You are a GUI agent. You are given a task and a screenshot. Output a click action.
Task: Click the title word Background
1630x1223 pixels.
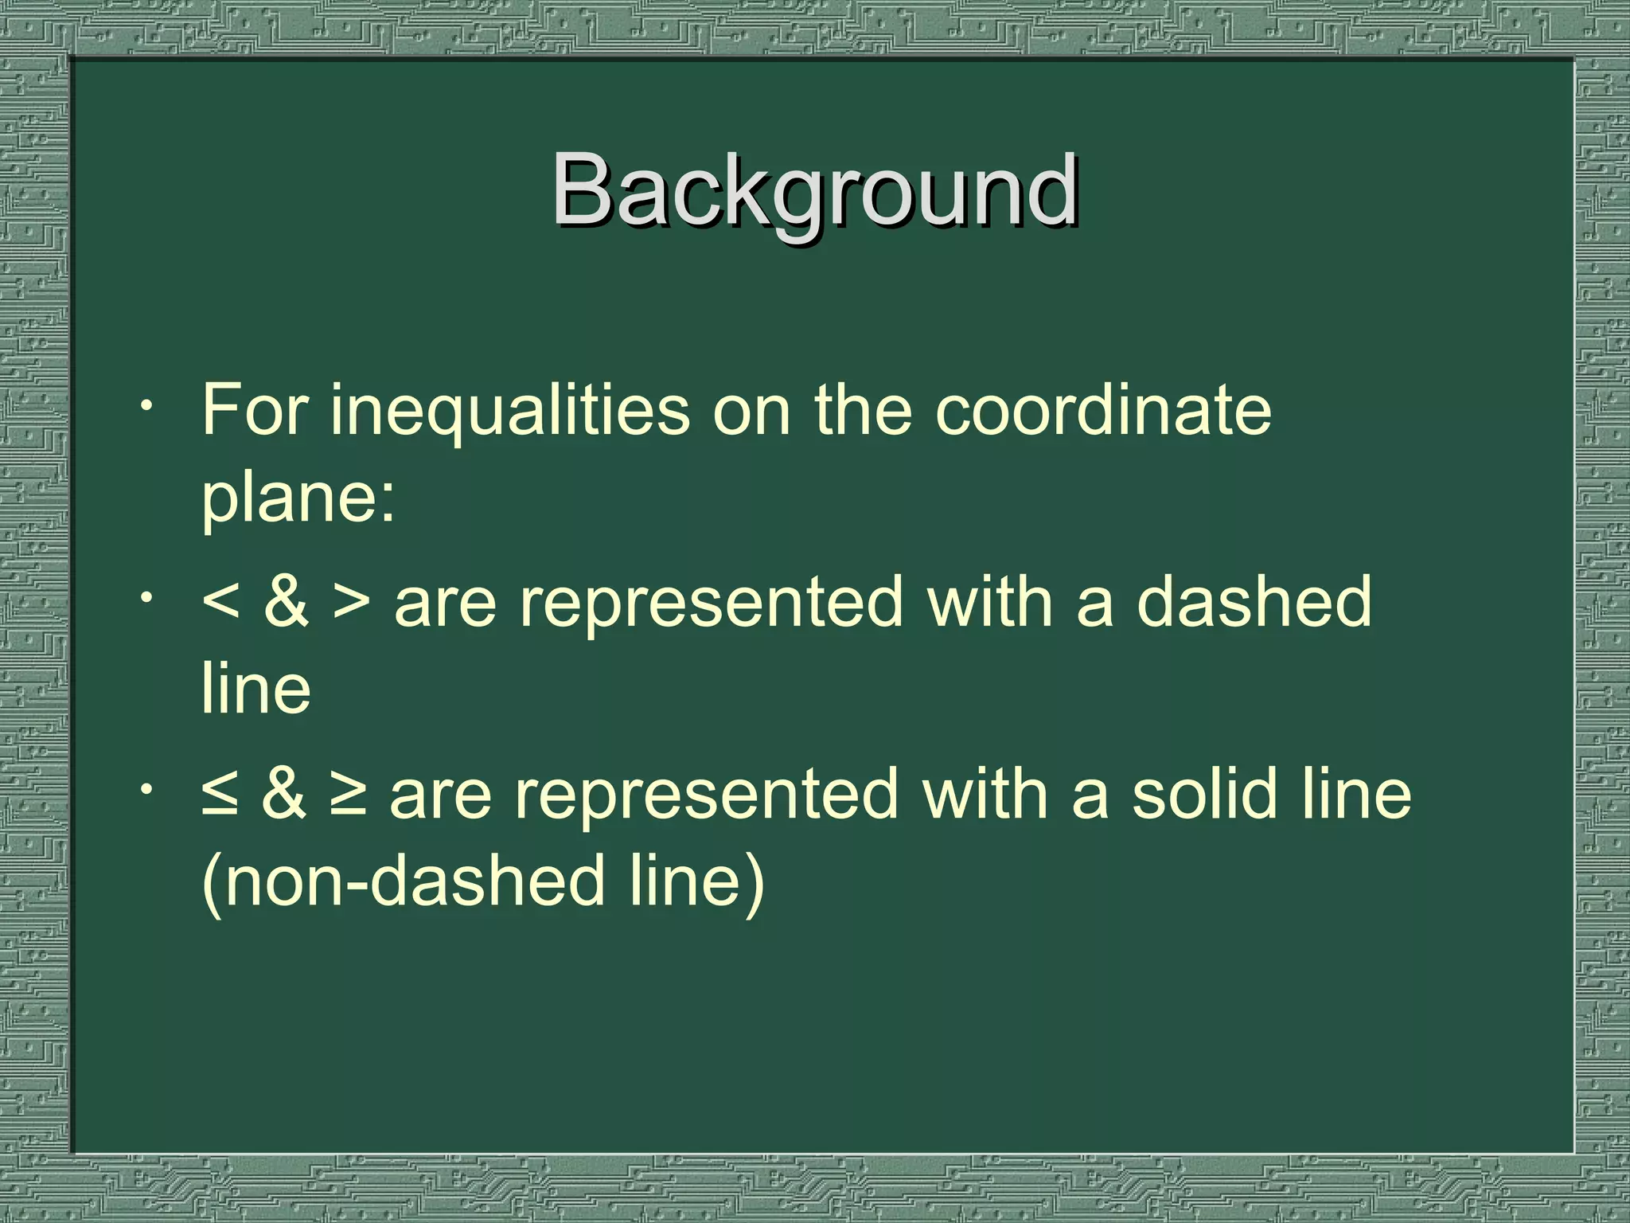point(815,191)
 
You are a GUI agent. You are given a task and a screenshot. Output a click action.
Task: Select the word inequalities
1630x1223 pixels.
point(510,411)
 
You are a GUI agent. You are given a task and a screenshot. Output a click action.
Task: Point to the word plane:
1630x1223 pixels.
point(298,498)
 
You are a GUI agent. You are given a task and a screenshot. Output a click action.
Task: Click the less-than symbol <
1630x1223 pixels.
point(221,602)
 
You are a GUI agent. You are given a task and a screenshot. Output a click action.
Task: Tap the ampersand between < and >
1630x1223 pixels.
point(286,602)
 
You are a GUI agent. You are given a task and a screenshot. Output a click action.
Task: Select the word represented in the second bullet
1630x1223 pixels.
point(712,604)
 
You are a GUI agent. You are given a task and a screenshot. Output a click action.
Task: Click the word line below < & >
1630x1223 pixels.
point(255,690)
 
